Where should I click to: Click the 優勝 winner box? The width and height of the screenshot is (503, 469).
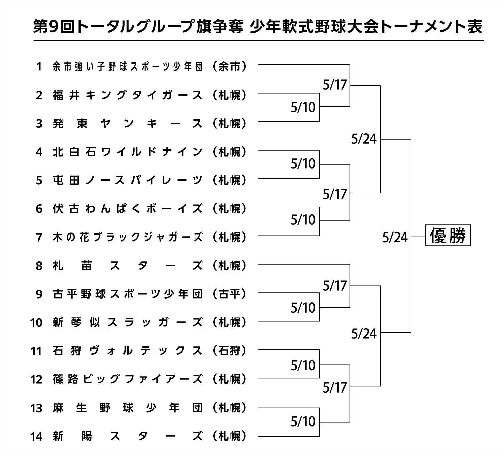tap(448, 235)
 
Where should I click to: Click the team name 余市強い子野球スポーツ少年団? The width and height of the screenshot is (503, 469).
tap(128, 66)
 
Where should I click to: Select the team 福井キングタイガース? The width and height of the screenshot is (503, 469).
tap(128, 95)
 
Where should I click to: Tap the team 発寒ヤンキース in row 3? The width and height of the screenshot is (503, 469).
tap(128, 124)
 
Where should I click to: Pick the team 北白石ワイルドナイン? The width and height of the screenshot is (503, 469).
tap(128, 152)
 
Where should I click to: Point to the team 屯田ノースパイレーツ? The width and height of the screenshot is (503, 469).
tap(128, 180)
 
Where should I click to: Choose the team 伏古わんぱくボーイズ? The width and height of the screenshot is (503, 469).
tap(128, 209)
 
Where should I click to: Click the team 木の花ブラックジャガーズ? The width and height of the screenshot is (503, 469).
tap(128, 237)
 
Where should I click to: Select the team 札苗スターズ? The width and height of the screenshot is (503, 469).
tap(128, 266)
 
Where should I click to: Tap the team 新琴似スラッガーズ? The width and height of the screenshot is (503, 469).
tap(128, 323)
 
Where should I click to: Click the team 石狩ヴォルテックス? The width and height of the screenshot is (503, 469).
tap(128, 351)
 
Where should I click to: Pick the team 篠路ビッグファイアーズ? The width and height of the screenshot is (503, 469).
tap(128, 379)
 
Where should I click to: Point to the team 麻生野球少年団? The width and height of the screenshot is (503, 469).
tap(128, 408)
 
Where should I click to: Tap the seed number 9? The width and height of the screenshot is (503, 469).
tap(39, 294)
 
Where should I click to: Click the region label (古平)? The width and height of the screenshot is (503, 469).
tap(229, 294)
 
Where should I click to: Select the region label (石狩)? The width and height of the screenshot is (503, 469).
tap(229, 351)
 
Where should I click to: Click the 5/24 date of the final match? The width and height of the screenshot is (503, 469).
tap(395, 238)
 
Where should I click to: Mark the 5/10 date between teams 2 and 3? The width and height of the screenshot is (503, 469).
tap(303, 107)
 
